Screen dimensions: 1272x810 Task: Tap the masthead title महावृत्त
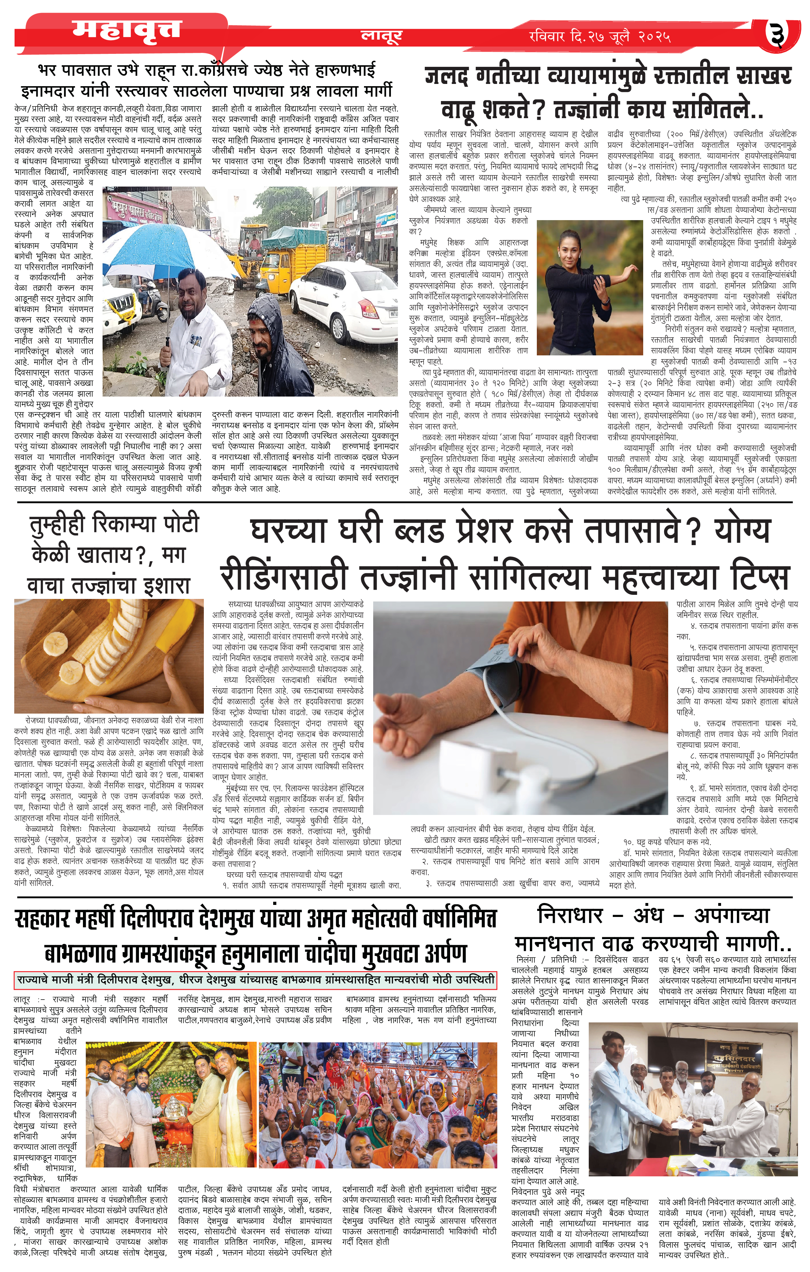[x=127, y=31]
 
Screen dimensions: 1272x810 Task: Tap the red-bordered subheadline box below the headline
[x=255, y=979]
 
